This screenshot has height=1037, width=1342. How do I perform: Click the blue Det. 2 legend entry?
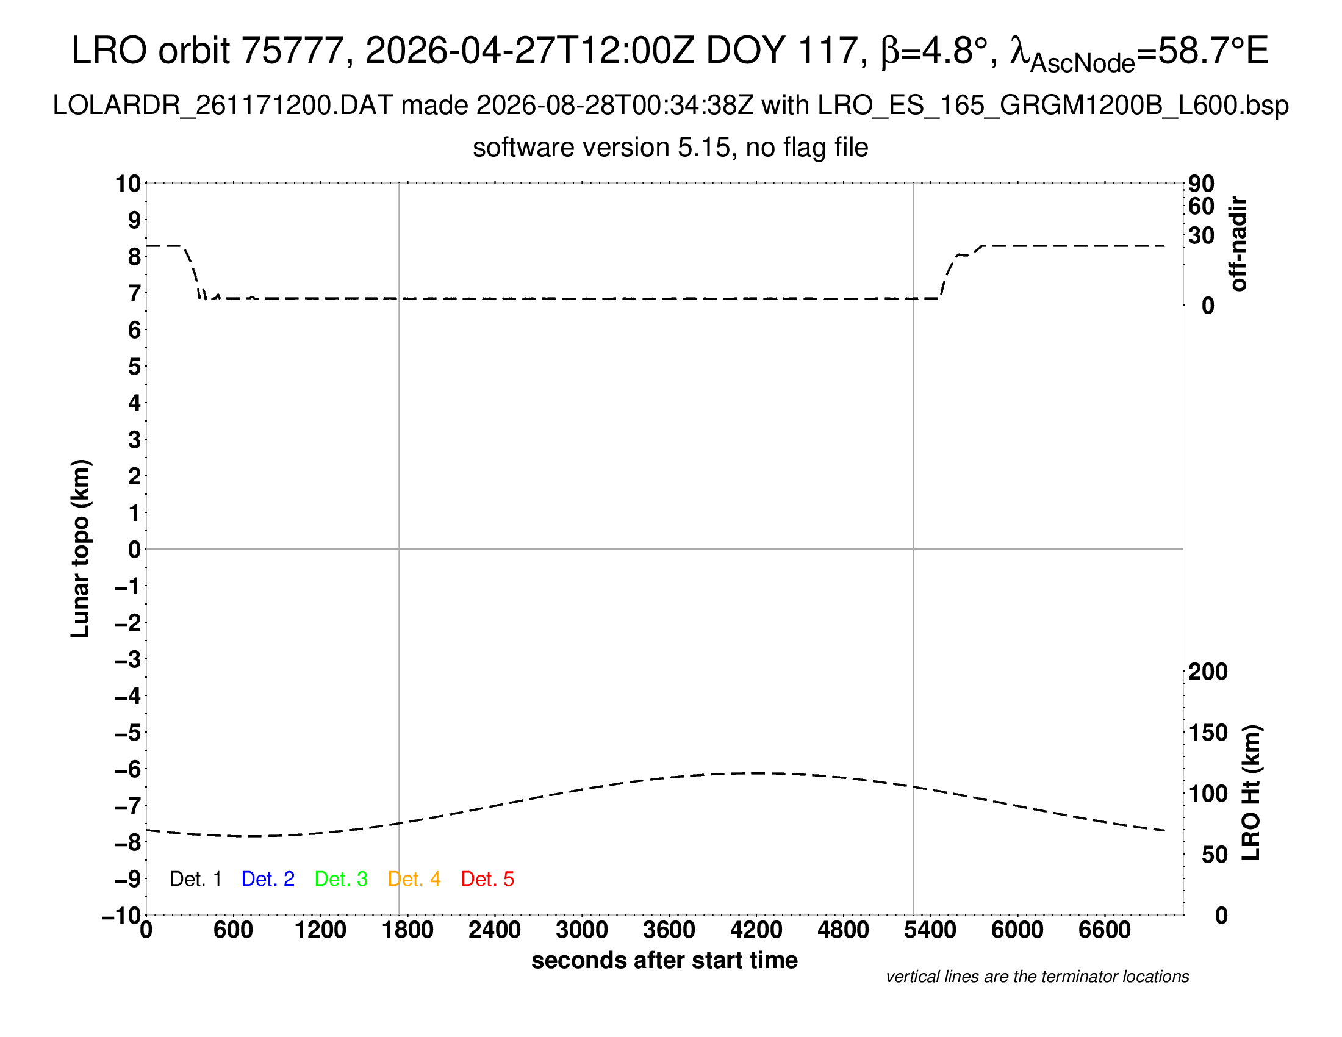(x=268, y=879)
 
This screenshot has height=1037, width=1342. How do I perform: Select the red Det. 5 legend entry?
(x=487, y=879)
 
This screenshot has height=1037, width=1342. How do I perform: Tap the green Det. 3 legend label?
(x=341, y=879)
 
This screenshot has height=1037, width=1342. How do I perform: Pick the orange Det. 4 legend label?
(x=414, y=879)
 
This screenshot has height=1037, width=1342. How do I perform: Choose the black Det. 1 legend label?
(x=195, y=879)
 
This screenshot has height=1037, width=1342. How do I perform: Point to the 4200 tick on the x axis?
(x=756, y=930)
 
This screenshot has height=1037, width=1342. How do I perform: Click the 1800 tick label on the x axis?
(x=407, y=930)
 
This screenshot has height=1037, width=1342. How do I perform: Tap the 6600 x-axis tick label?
(x=1105, y=930)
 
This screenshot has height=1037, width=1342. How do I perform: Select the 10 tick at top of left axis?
(x=129, y=183)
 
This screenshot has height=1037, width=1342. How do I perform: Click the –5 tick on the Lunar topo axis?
(x=128, y=732)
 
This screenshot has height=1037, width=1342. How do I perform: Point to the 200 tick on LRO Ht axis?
(x=1208, y=672)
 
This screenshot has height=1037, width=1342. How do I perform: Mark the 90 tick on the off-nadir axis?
(x=1201, y=183)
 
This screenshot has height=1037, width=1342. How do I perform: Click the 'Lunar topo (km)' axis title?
(x=81, y=548)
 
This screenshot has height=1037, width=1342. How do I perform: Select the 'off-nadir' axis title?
(x=1238, y=244)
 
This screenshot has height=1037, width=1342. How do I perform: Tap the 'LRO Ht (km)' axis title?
(x=1251, y=793)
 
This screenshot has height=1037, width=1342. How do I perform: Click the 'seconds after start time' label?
(x=664, y=960)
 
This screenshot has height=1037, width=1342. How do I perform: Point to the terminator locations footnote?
(x=1037, y=977)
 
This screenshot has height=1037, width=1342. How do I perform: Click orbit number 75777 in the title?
(x=292, y=50)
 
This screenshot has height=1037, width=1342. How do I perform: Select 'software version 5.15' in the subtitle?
(x=601, y=148)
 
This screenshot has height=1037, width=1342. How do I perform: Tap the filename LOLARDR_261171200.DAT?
(x=223, y=106)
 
